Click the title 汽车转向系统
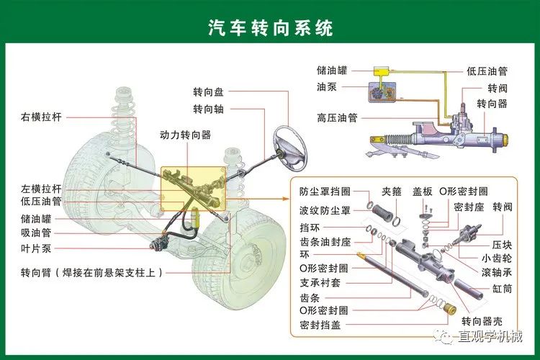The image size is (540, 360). [270, 28]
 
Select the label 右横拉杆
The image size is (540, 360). [42, 115]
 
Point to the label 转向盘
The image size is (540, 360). [208, 92]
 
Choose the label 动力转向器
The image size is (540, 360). [185, 135]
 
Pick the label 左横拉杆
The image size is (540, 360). [42, 189]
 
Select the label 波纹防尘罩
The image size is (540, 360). [325, 210]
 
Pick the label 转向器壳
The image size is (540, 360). [482, 321]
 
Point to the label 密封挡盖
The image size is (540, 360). [320, 325]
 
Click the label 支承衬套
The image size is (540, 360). [320, 283]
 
